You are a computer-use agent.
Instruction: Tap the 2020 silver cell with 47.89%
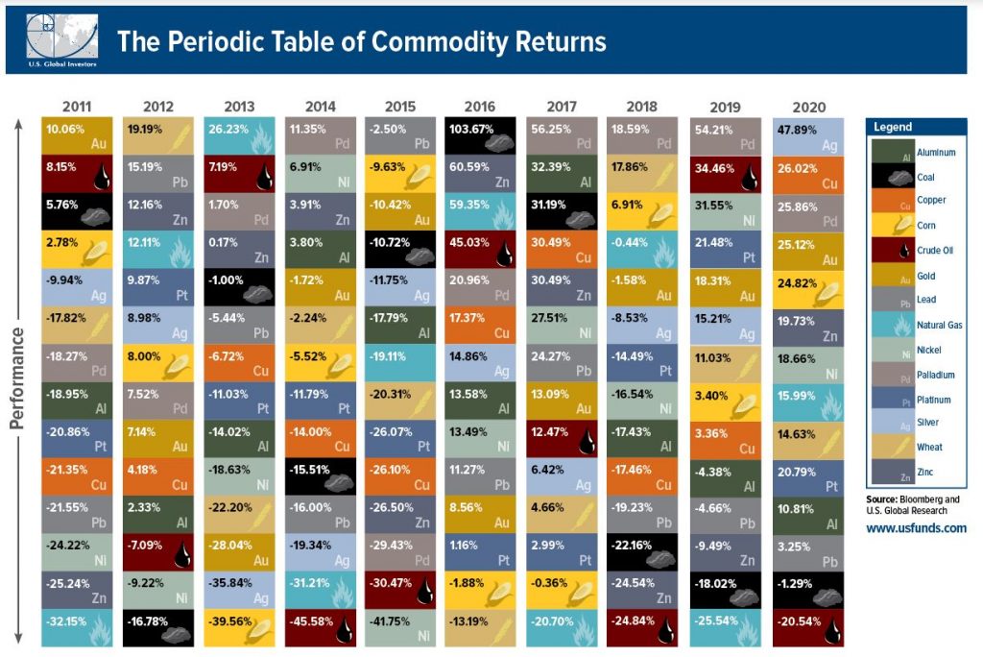coord(810,136)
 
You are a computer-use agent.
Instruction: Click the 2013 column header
coord(240,107)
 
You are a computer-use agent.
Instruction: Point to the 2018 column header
coord(641,107)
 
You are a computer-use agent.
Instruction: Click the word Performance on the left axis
coord(18,378)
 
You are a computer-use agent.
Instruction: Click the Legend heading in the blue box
coord(893,127)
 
